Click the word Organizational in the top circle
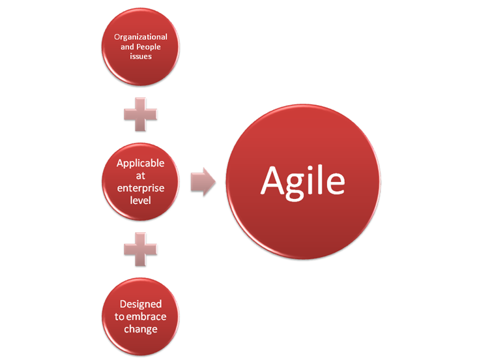click(141, 37)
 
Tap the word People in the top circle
click(149, 47)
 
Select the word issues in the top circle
click(141, 56)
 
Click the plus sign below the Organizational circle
click(141, 115)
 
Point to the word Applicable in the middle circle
click(141, 164)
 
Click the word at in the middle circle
click(141, 175)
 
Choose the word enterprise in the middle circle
click(141, 188)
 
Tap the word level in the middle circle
click(141, 200)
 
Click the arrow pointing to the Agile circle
click(203, 182)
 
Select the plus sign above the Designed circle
click(141, 249)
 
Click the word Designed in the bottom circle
click(141, 305)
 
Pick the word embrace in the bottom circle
click(147, 316)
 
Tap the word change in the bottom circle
click(141, 329)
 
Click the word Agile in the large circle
click(303, 183)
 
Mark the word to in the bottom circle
click(119, 316)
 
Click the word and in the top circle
click(127, 47)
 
